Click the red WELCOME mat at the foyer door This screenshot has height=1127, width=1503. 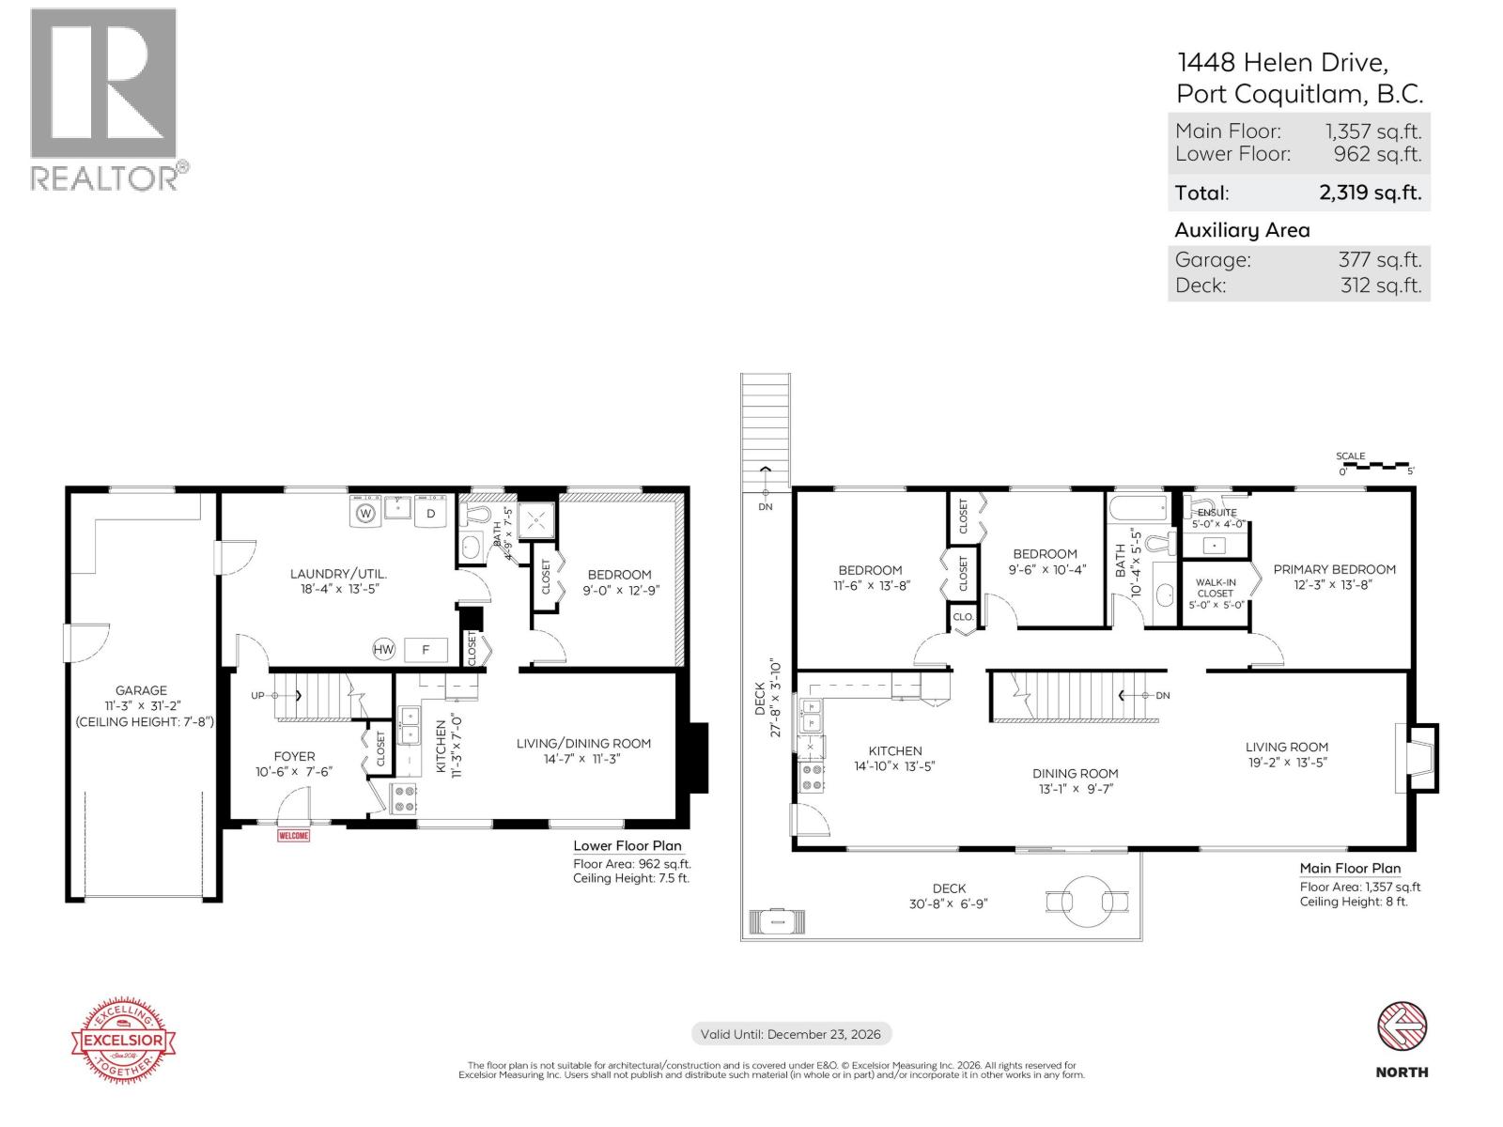[293, 835]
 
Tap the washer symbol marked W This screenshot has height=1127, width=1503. [365, 513]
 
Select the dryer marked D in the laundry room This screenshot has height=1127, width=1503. [431, 513]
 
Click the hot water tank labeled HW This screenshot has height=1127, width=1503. [383, 649]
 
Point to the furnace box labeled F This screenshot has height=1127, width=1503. [426, 649]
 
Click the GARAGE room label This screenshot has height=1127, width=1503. [141, 690]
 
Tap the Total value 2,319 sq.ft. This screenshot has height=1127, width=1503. [1370, 193]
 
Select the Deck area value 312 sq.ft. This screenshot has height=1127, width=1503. [1380, 286]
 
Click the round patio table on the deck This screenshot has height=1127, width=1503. [1087, 901]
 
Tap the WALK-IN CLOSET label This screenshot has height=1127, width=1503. [1215, 588]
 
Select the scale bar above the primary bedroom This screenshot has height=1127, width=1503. [1376, 466]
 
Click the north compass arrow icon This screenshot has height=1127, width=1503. [1402, 1026]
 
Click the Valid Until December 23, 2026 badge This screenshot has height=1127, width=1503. [791, 1034]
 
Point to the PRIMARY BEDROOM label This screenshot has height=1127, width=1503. [1334, 569]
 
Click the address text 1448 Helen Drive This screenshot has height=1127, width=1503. [1282, 63]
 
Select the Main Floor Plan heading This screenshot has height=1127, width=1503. [1349, 869]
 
